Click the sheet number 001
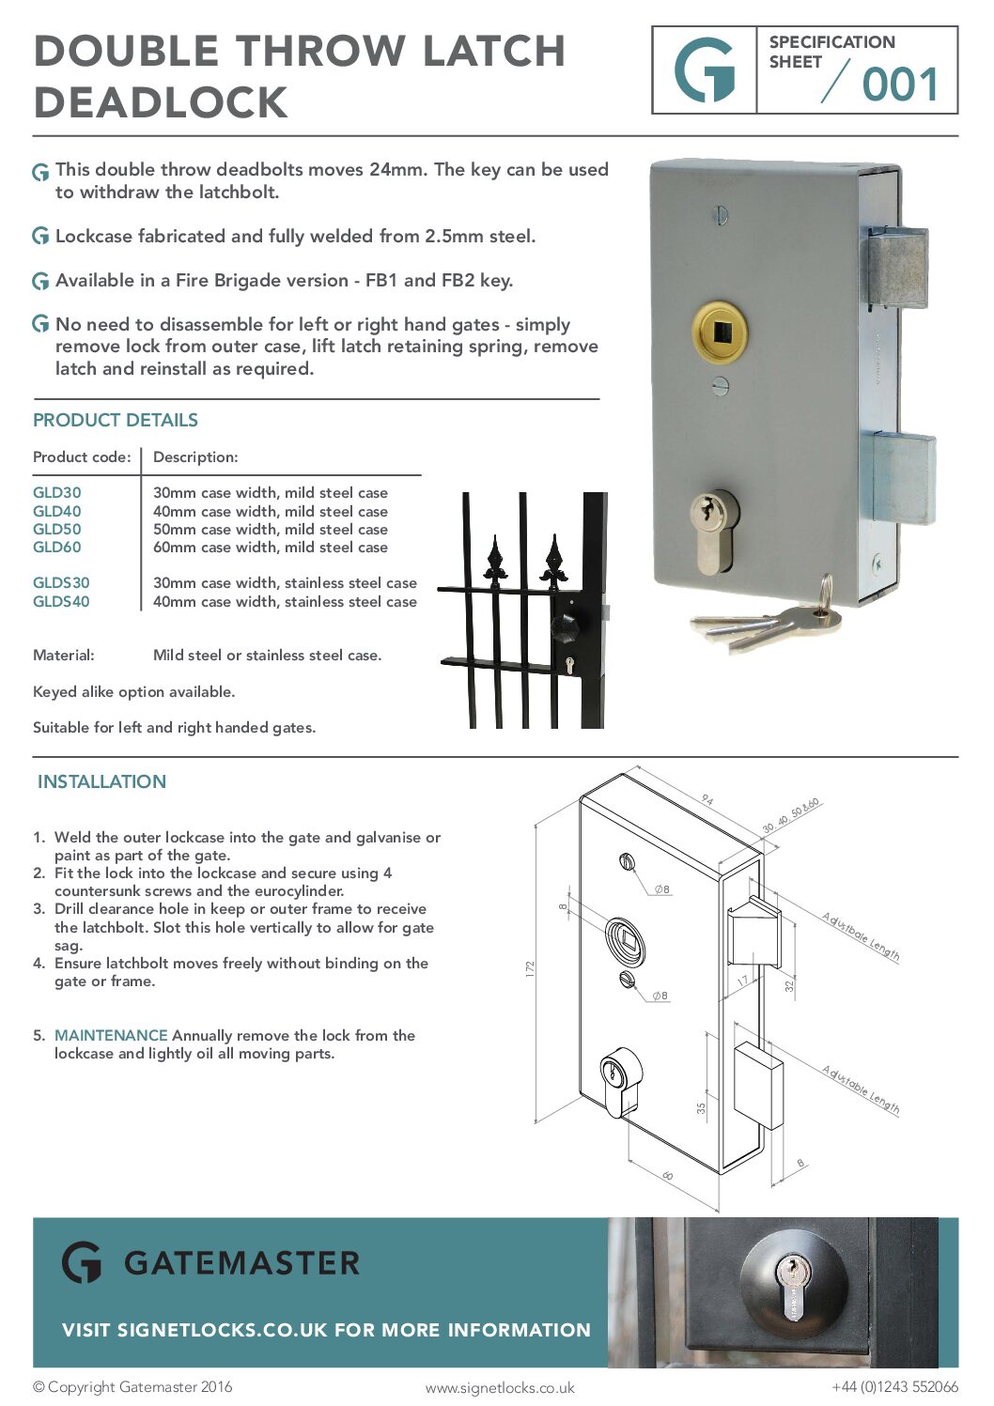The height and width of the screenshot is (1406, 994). pyautogui.click(x=900, y=85)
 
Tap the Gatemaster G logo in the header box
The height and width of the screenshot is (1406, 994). pyautogui.click(x=705, y=70)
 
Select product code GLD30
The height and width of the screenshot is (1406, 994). pyautogui.click(x=57, y=492)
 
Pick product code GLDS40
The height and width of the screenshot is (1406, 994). pyautogui.click(x=61, y=601)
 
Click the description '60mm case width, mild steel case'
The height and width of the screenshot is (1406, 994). pyautogui.click(x=270, y=547)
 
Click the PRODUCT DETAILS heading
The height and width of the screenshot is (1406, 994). pyautogui.click(x=116, y=420)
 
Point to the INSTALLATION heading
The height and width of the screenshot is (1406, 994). pyautogui.click(x=101, y=781)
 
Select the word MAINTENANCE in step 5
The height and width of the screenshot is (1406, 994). pyautogui.click(x=111, y=1035)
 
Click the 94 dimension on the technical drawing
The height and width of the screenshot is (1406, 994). pyautogui.click(x=707, y=800)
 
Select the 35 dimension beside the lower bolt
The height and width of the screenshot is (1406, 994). pyautogui.click(x=701, y=1108)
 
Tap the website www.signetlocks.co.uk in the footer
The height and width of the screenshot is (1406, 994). pyautogui.click(x=499, y=1387)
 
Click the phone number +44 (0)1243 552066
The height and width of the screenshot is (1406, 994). pyautogui.click(x=894, y=1386)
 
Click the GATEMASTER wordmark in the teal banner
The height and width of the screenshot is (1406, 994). pyautogui.click(x=241, y=1263)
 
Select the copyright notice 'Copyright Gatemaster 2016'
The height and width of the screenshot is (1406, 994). pyautogui.click(x=132, y=1386)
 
